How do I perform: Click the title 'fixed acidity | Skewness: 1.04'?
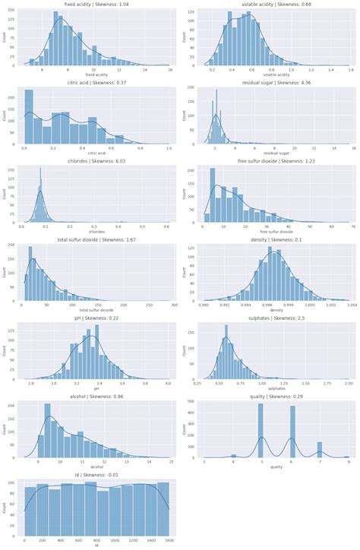(96, 5)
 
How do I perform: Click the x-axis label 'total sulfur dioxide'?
(96, 310)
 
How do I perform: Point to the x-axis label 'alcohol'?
(96, 466)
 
